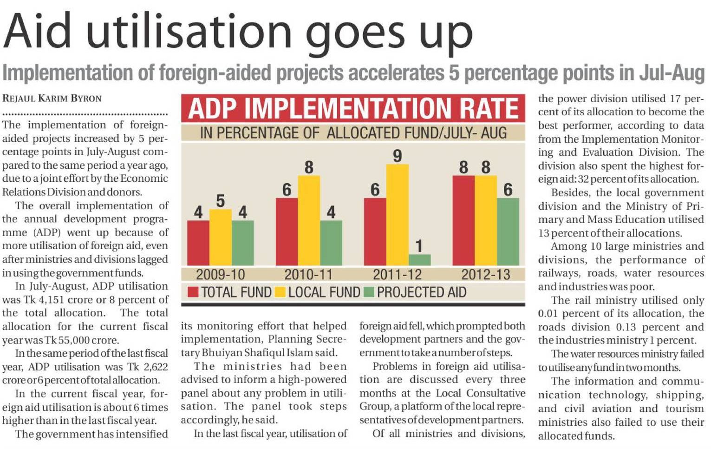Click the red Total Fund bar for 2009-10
click(x=198, y=243)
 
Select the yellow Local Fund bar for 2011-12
click(x=397, y=215)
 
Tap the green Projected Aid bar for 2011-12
click(x=419, y=260)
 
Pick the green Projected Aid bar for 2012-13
click(x=508, y=231)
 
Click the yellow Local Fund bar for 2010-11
click(x=308, y=220)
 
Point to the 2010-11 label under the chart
click(x=308, y=274)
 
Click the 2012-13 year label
click(x=485, y=274)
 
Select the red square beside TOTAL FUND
click(x=193, y=292)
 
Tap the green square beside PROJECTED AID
click(x=369, y=292)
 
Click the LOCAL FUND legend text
click(x=324, y=292)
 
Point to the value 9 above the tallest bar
click(x=397, y=156)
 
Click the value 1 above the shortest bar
click(x=419, y=245)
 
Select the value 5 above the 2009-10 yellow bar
click(x=220, y=201)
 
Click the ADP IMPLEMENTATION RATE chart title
click(x=353, y=109)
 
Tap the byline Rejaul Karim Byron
click(x=52, y=99)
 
